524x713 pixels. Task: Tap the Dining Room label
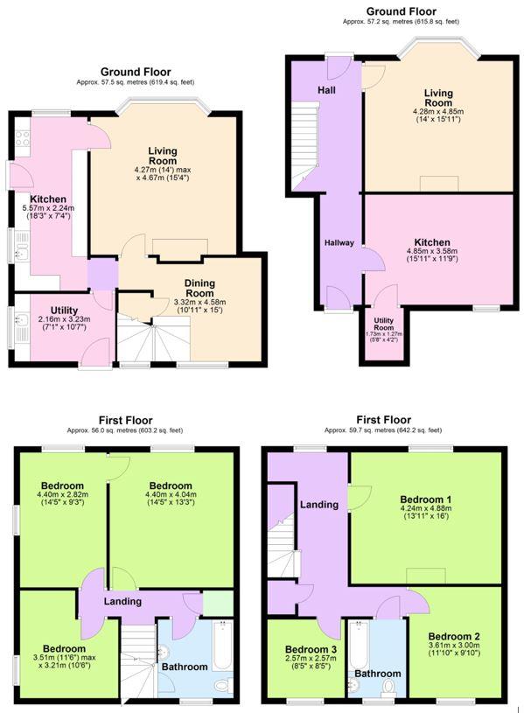pos(206,289)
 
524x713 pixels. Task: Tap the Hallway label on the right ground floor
pos(339,243)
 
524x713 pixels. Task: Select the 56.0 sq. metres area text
pos(125,430)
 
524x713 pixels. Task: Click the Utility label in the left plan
pos(64,311)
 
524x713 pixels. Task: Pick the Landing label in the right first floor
pos(318,505)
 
